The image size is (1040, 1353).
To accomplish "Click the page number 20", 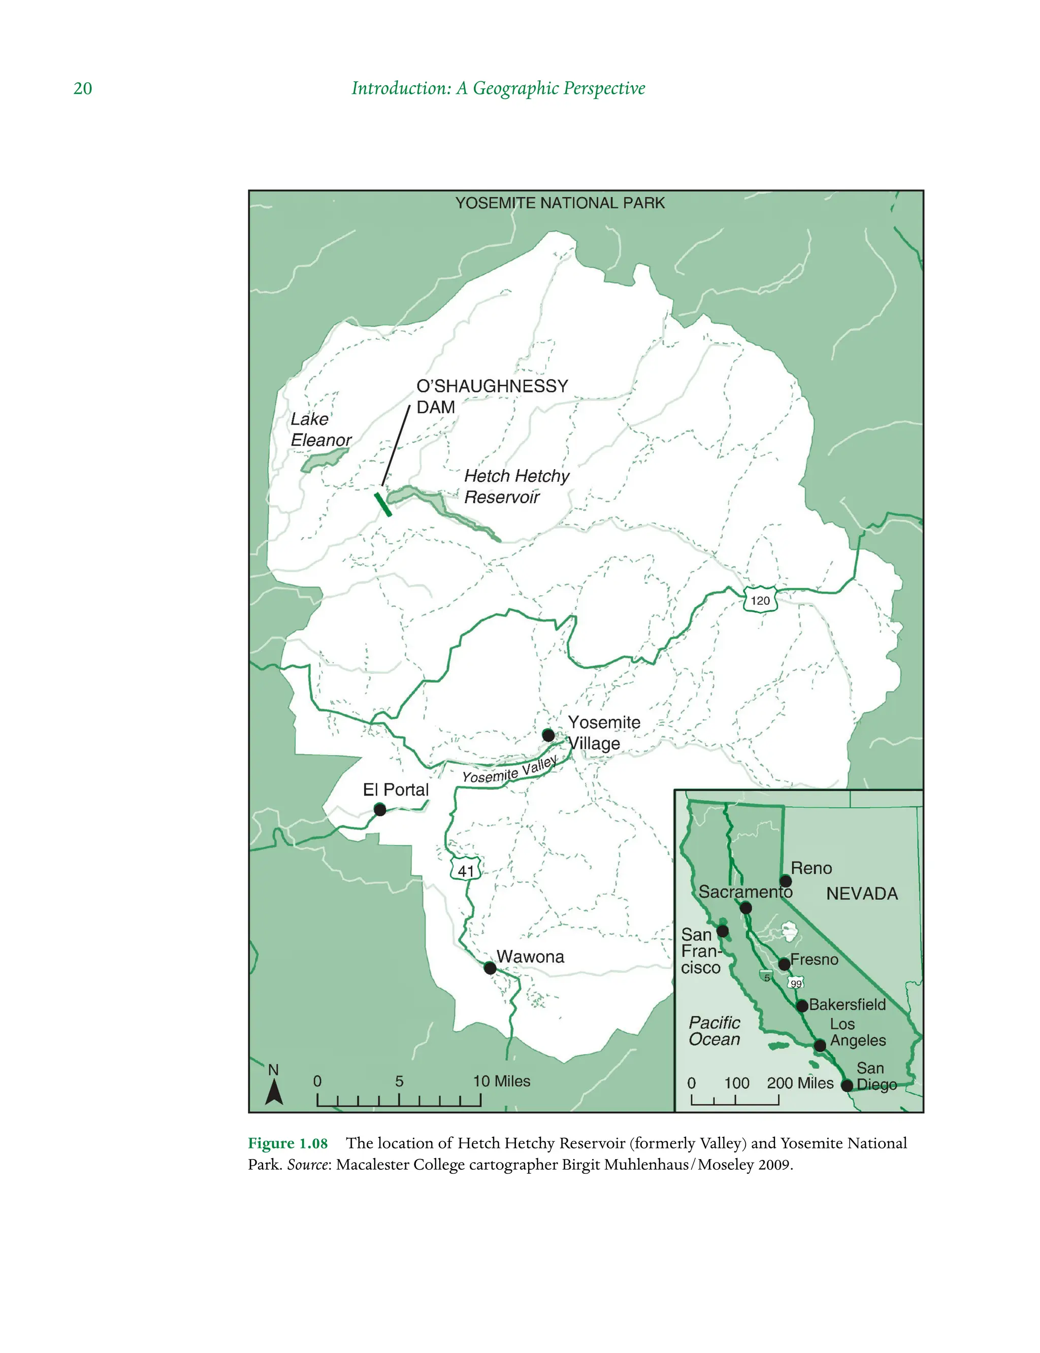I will click(x=82, y=88).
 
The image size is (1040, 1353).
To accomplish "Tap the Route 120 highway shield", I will click(x=760, y=600).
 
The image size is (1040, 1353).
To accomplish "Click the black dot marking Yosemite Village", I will click(x=548, y=735).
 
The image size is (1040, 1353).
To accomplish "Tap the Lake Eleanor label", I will click(x=320, y=430).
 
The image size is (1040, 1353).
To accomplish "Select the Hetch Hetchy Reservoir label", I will click(x=515, y=486).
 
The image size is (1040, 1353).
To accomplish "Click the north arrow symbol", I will click(x=274, y=1093).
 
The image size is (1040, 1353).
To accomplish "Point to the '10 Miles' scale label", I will click(x=501, y=1081).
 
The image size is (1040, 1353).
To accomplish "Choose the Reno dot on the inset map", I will click(x=785, y=881).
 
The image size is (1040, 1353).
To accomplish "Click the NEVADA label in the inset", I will click(x=862, y=894).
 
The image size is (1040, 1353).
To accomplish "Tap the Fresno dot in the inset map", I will click(x=784, y=964).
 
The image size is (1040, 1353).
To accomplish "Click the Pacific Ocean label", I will click(x=714, y=1031).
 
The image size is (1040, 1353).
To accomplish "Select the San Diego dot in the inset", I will click(x=847, y=1085).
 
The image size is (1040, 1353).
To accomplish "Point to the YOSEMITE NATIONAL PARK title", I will click(x=560, y=203).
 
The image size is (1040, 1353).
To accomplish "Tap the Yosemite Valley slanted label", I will click(x=509, y=770).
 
